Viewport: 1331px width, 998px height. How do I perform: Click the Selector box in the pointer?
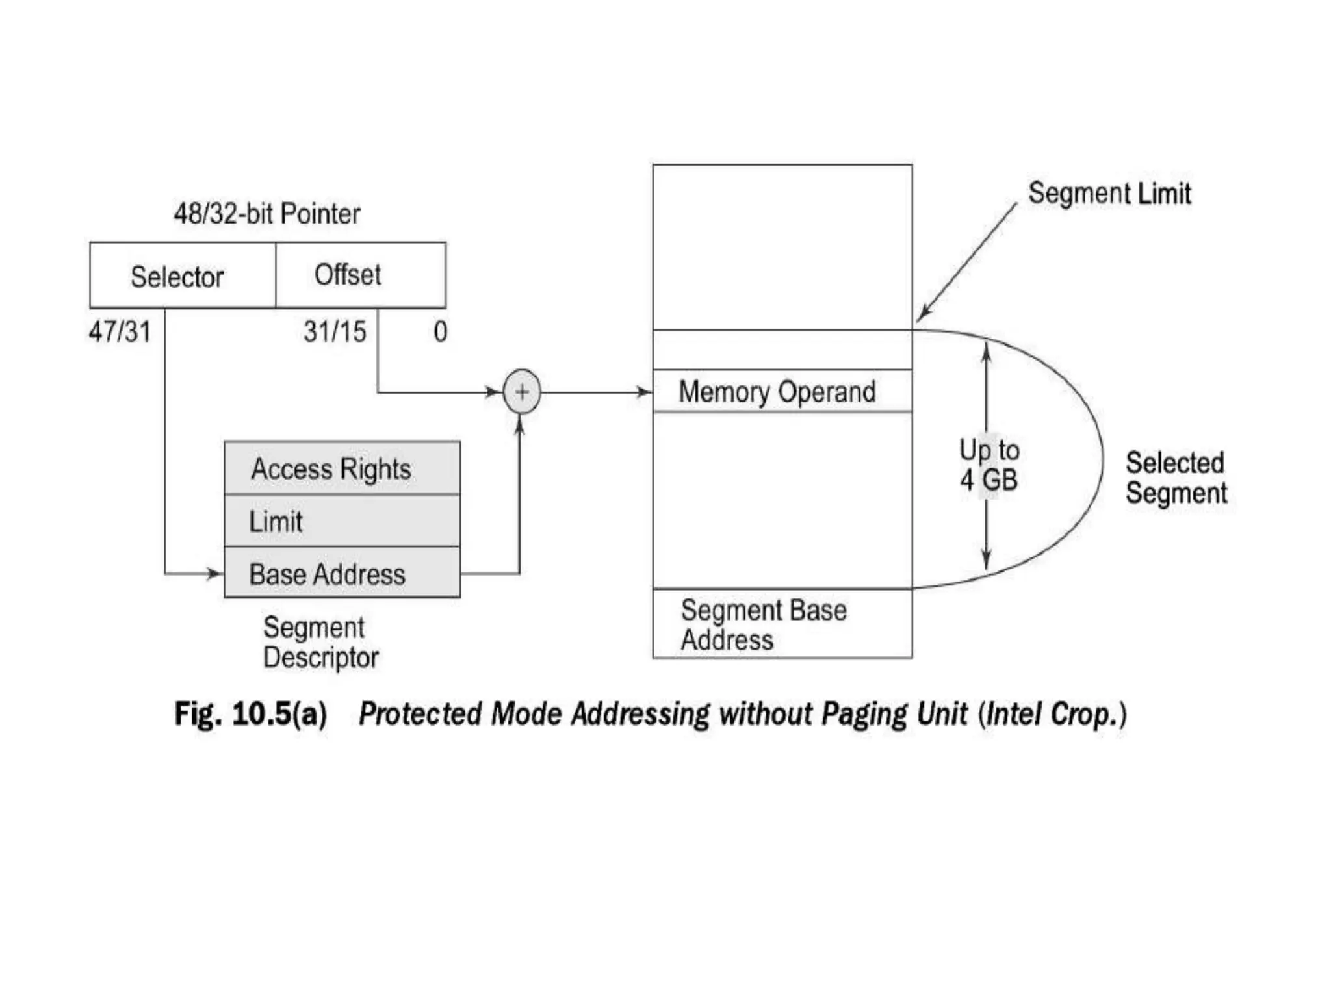click(182, 275)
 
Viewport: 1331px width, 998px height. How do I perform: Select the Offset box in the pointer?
click(360, 275)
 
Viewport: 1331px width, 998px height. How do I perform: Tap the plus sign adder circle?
click(521, 392)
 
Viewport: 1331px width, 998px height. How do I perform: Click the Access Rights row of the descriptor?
click(342, 468)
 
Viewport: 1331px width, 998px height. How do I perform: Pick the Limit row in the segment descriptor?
click(342, 521)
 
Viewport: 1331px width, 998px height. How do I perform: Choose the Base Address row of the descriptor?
click(342, 574)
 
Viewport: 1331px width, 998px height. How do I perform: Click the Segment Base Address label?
click(763, 625)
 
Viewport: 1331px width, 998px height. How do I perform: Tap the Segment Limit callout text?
click(1109, 194)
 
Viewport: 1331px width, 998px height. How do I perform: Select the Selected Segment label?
click(1176, 478)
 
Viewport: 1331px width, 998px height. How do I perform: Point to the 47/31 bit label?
click(120, 332)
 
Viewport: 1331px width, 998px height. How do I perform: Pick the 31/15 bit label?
click(335, 332)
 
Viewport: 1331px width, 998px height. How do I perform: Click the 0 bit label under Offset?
click(440, 332)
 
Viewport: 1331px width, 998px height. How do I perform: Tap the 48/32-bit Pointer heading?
click(266, 214)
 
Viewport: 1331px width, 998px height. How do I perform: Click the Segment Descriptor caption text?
click(320, 643)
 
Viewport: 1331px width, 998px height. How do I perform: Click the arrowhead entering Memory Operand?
click(643, 392)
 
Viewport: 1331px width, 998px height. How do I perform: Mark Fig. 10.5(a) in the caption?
click(250, 714)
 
